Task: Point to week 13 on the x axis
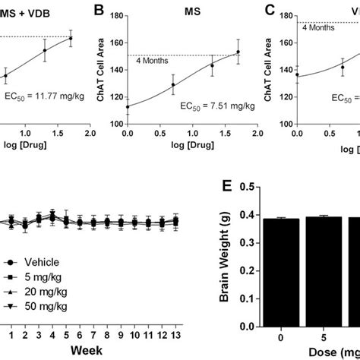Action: click(175, 333)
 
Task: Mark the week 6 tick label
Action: click(79, 333)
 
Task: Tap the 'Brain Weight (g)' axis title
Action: click(226, 258)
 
